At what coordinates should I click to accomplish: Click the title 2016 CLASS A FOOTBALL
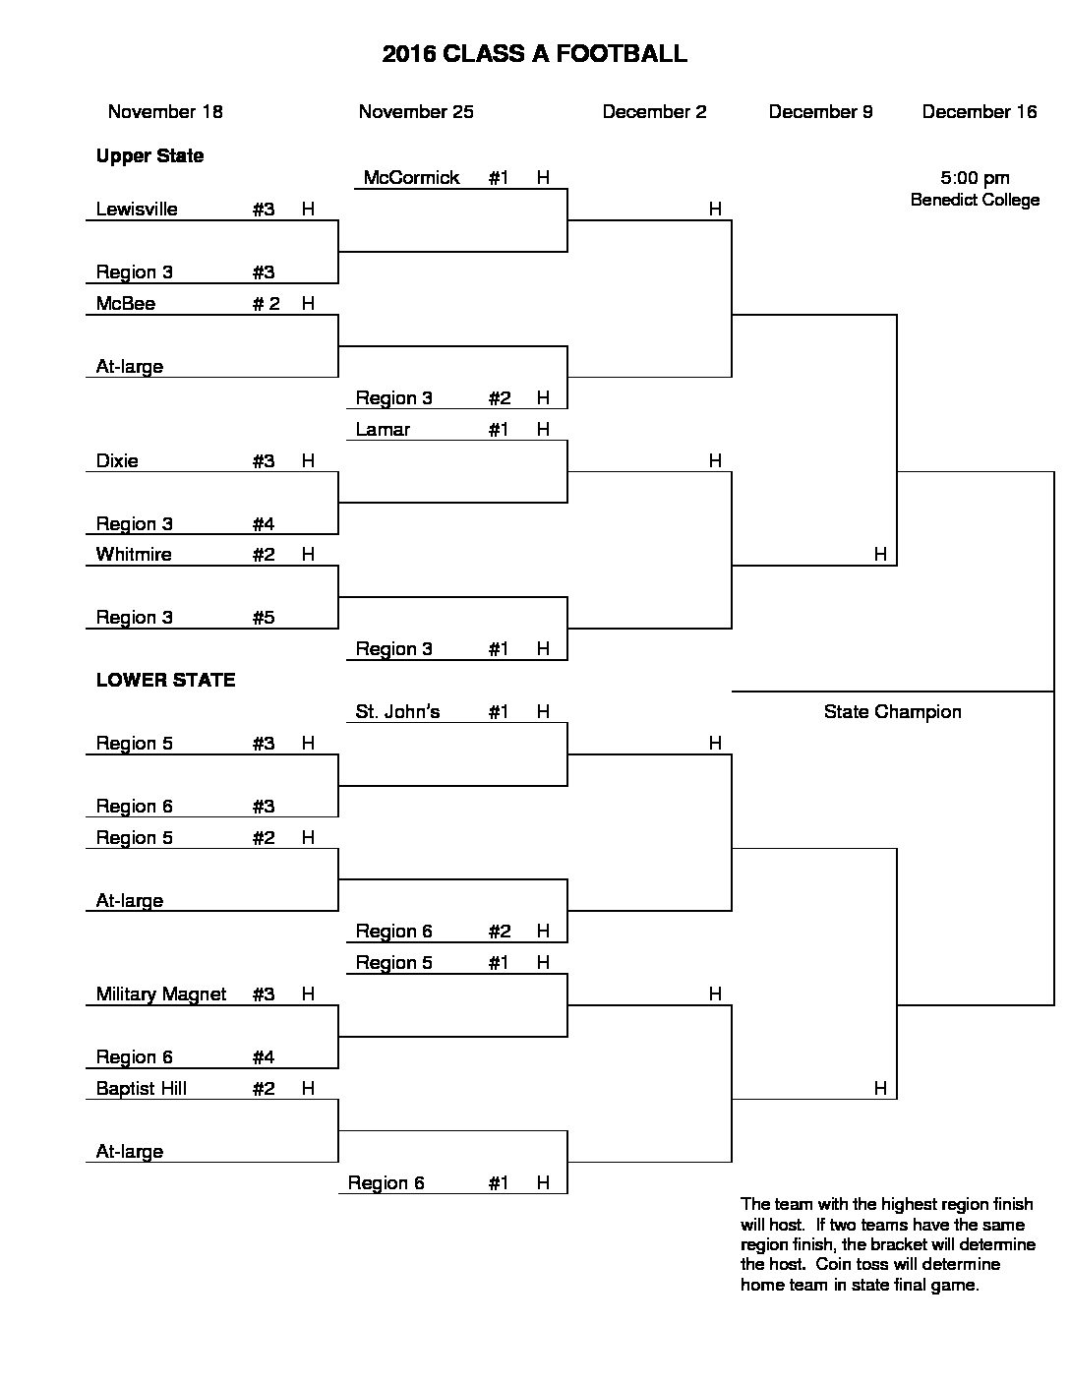click(534, 54)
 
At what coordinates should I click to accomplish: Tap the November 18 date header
click(165, 111)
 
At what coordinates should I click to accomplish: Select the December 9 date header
click(820, 111)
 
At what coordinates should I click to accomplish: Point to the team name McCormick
click(411, 177)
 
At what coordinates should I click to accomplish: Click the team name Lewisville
click(137, 210)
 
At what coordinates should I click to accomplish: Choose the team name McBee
click(126, 303)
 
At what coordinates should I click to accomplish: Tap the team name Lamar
click(383, 429)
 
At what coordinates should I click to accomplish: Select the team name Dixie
click(117, 460)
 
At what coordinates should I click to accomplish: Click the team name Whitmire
click(134, 554)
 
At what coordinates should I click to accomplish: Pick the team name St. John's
click(397, 711)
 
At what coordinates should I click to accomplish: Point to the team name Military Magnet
click(161, 994)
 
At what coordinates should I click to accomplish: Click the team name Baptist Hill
click(142, 1088)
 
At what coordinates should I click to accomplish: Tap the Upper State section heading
click(149, 156)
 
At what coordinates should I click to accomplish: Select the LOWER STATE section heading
click(165, 680)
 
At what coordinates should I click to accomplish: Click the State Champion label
click(892, 712)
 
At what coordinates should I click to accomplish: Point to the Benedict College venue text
click(975, 200)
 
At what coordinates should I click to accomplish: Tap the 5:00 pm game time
click(975, 178)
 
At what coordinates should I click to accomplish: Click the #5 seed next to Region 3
click(264, 617)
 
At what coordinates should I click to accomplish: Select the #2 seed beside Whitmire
click(264, 554)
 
